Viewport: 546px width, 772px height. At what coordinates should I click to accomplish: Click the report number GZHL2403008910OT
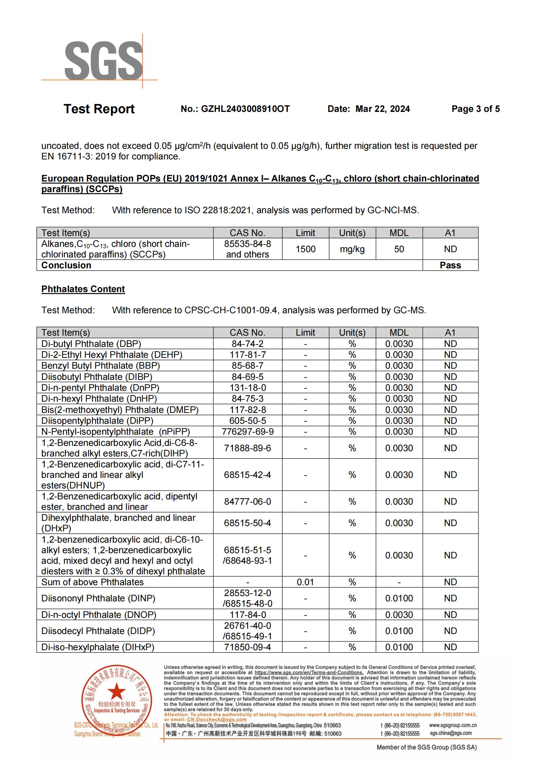click(245, 109)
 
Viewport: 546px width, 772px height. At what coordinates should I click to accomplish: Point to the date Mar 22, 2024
click(383, 109)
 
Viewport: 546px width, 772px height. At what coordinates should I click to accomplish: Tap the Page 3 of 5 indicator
click(475, 109)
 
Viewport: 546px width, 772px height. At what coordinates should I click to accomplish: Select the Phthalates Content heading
click(83, 289)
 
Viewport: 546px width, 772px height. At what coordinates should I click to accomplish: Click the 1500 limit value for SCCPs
click(305, 249)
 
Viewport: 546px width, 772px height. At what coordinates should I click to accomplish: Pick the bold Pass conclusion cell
click(450, 265)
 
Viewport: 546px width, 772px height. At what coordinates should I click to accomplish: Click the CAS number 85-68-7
click(248, 365)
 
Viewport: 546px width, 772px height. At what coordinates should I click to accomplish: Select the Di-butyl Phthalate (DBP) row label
click(91, 344)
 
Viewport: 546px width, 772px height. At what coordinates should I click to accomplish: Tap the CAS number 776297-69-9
click(248, 431)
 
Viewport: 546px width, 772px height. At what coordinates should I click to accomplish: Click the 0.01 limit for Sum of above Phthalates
click(305, 582)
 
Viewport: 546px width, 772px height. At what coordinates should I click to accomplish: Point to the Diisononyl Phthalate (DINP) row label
click(98, 598)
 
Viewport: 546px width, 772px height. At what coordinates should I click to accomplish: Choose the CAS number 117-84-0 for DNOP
click(248, 615)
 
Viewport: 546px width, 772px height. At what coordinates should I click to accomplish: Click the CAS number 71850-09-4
click(248, 647)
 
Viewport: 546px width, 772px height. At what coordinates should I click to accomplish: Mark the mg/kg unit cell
click(352, 249)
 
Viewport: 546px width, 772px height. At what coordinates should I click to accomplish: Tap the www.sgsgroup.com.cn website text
click(453, 725)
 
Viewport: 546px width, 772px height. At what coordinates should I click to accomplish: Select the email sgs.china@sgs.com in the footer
click(450, 733)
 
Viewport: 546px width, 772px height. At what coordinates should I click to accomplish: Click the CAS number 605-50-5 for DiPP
click(248, 420)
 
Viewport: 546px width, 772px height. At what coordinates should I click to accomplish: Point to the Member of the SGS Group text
click(426, 747)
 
